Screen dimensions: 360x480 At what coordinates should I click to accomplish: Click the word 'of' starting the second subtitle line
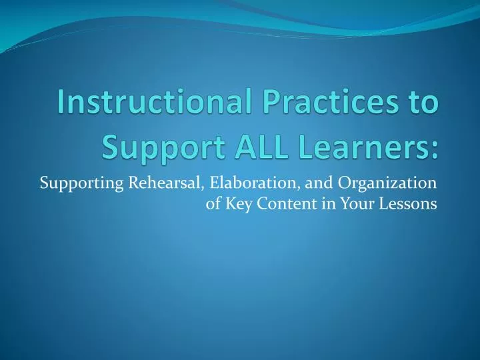(213, 204)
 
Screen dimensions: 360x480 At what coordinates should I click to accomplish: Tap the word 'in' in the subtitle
(320, 204)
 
